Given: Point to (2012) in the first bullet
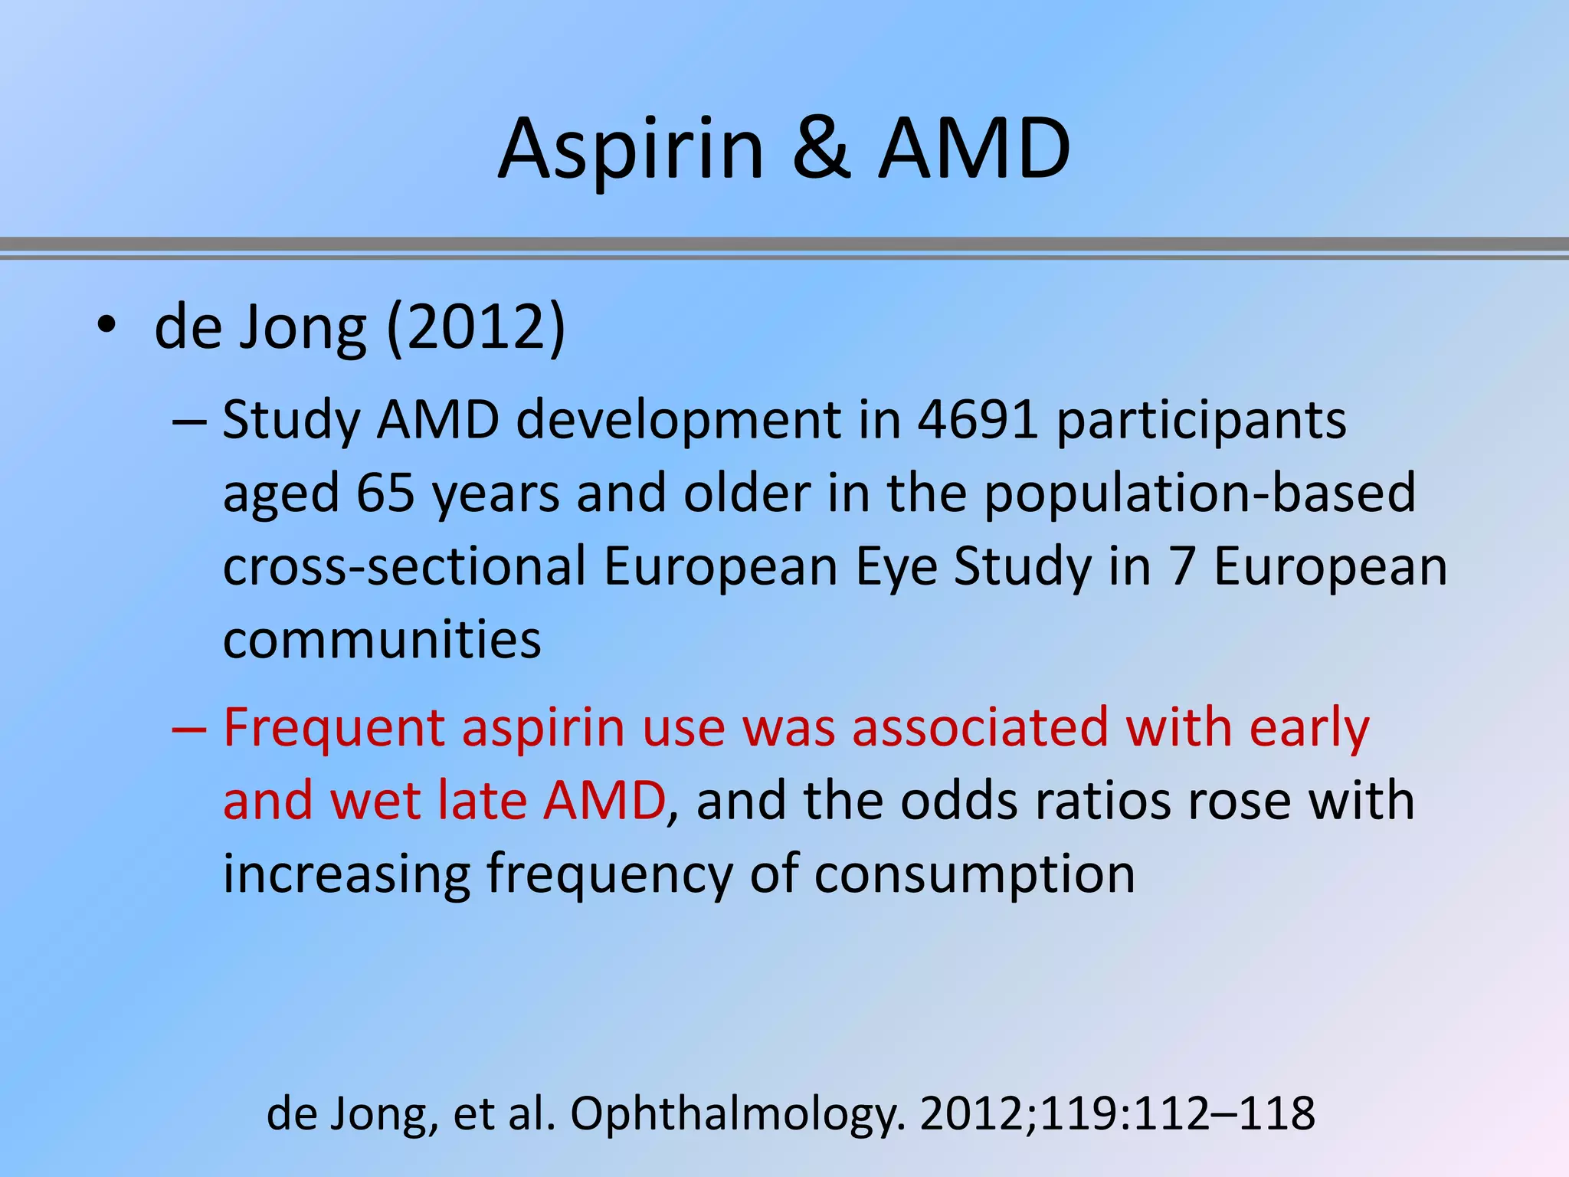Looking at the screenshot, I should pyautogui.click(x=476, y=328).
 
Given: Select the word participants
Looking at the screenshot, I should pyautogui.click(x=1200, y=422).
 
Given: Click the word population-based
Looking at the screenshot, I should pyautogui.click(x=1200, y=494).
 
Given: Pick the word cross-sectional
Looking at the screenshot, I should pyautogui.click(x=405, y=566).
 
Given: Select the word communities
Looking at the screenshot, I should pyautogui.click(x=382, y=639).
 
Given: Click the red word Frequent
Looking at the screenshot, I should pyautogui.click(x=334, y=729).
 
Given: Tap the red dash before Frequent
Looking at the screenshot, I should pyautogui.click(x=189, y=728).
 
